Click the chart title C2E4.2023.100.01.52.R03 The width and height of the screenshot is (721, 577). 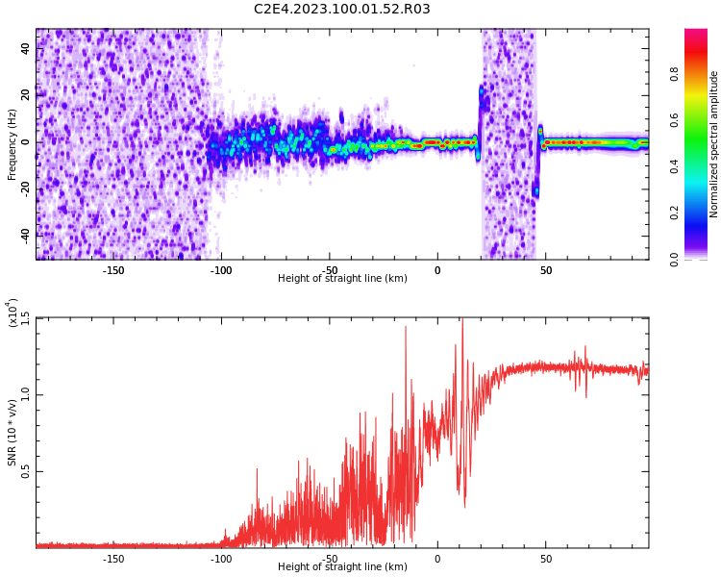pos(341,10)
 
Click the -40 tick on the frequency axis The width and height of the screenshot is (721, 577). pos(25,234)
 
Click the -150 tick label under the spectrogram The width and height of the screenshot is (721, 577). pos(112,270)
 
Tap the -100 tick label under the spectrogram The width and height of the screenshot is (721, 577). pos(221,270)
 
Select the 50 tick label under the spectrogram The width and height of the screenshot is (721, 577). pos(545,270)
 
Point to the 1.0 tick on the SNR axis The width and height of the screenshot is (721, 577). pos(25,394)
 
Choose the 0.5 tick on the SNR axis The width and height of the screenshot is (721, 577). pos(25,471)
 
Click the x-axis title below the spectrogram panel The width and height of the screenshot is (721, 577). pos(342,279)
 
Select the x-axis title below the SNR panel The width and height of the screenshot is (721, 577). pos(342,567)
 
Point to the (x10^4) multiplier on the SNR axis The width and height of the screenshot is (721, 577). pos(12,313)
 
